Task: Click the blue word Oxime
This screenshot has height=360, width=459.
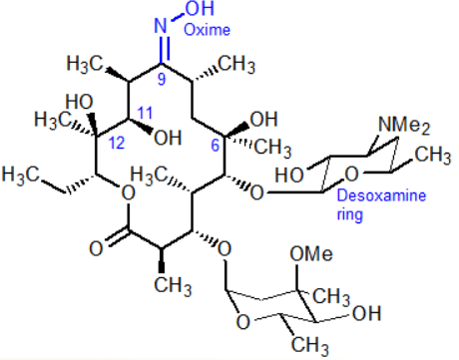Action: [207, 30]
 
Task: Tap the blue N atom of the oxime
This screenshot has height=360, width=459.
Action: [161, 25]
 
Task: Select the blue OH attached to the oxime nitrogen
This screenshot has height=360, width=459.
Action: [200, 8]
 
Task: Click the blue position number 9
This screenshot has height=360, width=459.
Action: [162, 79]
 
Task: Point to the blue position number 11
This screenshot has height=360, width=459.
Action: [145, 113]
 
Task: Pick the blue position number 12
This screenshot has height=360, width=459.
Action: [117, 143]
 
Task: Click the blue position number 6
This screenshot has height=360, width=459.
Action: [216, 146]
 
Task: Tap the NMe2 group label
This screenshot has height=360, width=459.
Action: [404, 126]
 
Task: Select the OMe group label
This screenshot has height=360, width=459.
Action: [311, 254]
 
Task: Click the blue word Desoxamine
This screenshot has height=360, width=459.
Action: [381, 195]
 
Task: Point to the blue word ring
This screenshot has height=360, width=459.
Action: [349, 214]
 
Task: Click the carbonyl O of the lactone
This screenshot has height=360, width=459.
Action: [96, 248]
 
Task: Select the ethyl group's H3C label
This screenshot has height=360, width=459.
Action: [21, 175]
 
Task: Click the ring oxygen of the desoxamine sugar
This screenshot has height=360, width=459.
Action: [351, 174]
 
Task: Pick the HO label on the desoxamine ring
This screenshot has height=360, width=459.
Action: [289, 175]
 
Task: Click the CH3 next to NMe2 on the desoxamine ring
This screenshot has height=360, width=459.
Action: [433, 155]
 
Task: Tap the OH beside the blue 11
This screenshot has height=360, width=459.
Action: [168, 138]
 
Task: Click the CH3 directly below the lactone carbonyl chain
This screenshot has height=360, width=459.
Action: [173, 285]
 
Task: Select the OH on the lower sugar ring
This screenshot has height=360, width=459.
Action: [366, 313]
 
